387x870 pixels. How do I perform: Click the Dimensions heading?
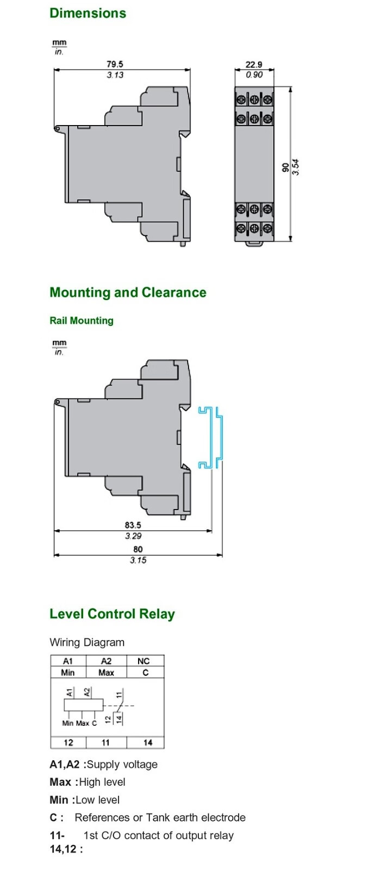point(88,13)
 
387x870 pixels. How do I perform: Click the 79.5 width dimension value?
point(115,64)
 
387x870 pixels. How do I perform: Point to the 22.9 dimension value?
point(254,64)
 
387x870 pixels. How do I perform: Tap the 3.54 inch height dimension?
point(296,167)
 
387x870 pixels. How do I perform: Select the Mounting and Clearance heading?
point(128,293)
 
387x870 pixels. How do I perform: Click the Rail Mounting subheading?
point(82,320)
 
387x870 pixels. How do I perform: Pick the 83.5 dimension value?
point(133,525)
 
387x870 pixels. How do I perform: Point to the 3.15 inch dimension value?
point(138,560)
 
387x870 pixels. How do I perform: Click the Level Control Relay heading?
point(112,614)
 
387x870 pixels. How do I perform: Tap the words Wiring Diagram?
point(87,642)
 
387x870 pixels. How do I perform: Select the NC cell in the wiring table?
point(143,661)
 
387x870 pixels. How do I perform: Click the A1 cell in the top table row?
point(68,661)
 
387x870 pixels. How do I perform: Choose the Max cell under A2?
point(106,673)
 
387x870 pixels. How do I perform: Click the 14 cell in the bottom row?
point(148,742)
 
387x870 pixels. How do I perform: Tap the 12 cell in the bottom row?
point(68,742)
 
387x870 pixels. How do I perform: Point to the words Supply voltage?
point(122,764)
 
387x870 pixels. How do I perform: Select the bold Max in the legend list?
point(60,782)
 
